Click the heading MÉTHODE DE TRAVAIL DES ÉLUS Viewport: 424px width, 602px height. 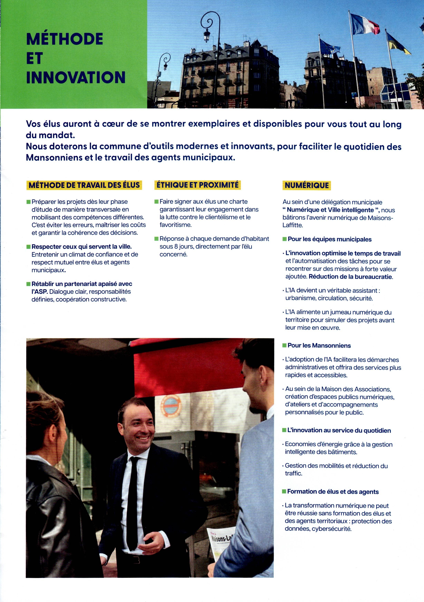pos(84,185)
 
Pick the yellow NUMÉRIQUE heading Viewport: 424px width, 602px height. pos(306,185)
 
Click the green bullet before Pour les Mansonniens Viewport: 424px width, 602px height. pos(284,345)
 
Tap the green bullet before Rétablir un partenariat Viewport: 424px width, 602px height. pos(28,284)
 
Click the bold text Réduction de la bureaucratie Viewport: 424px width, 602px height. pos(351,277)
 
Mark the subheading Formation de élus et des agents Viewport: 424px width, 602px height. pos(333,491)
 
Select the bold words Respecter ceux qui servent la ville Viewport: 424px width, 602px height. pos(81,247)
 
